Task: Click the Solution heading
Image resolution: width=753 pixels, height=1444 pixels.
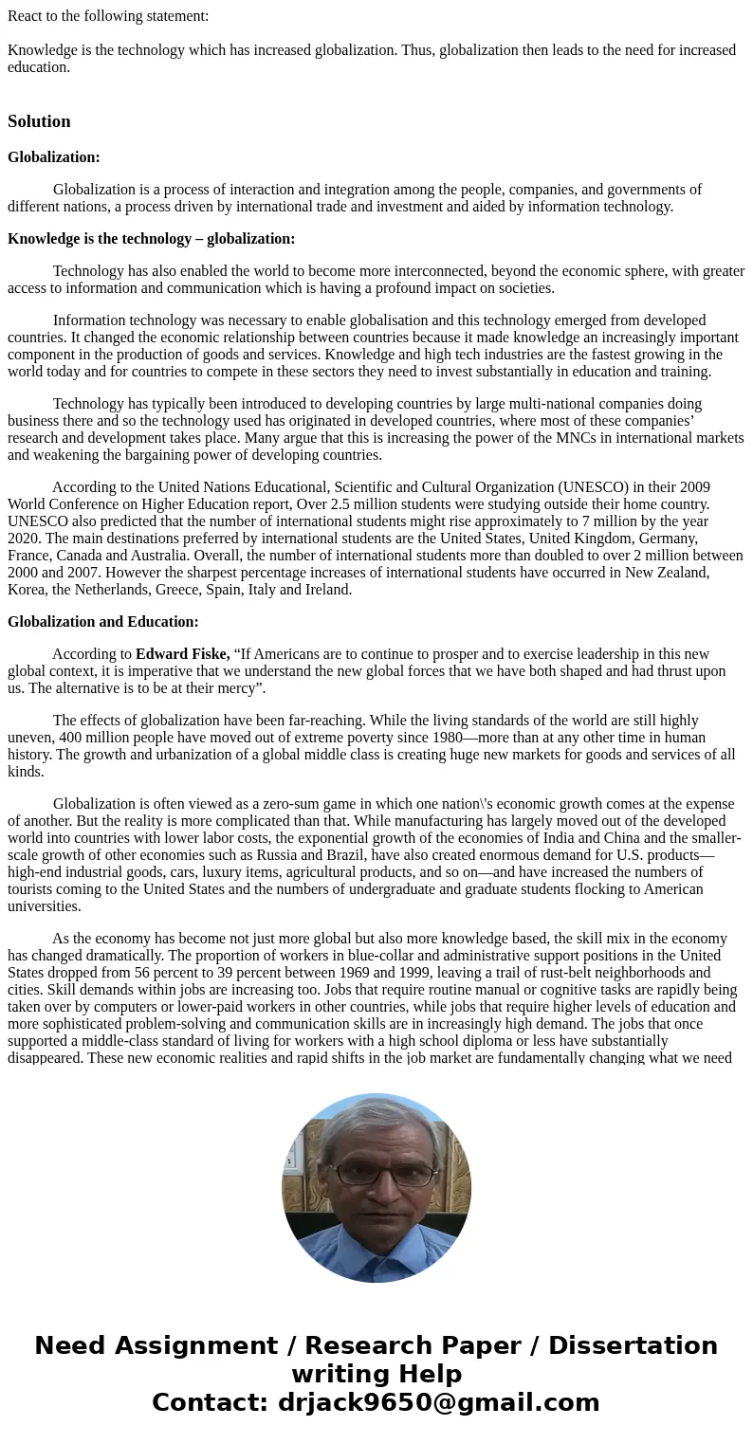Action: (x=39, y=121)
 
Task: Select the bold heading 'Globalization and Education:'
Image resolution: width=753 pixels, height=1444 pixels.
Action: (x=103, y=622)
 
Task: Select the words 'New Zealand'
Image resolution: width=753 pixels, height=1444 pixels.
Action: (x=670, y=573)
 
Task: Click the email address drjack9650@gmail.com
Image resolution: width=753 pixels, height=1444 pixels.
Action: (x=438, y=1403)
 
